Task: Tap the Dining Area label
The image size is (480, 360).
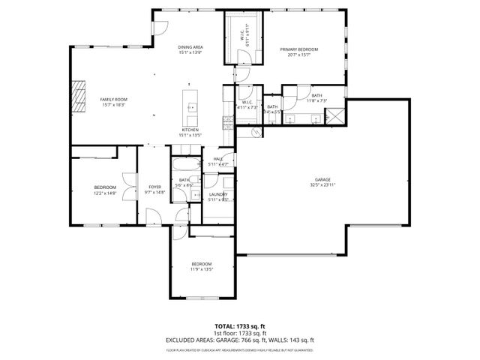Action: coord(190,47)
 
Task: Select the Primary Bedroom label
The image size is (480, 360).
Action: coord(299,49)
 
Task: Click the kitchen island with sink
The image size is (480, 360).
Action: coord(190,109)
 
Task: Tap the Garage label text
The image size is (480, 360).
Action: coord(322,180)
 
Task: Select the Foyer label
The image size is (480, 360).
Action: coord(154,187)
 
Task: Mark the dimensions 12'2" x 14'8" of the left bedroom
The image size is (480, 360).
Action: coord(105,193)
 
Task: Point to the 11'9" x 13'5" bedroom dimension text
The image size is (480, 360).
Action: coord(201,269)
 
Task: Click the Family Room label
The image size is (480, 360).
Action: coord(114,99)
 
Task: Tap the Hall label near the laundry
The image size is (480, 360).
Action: coord(218,159)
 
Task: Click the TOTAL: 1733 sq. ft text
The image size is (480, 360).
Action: coord(239,326)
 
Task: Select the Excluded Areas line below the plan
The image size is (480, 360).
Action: coord(239,340)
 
